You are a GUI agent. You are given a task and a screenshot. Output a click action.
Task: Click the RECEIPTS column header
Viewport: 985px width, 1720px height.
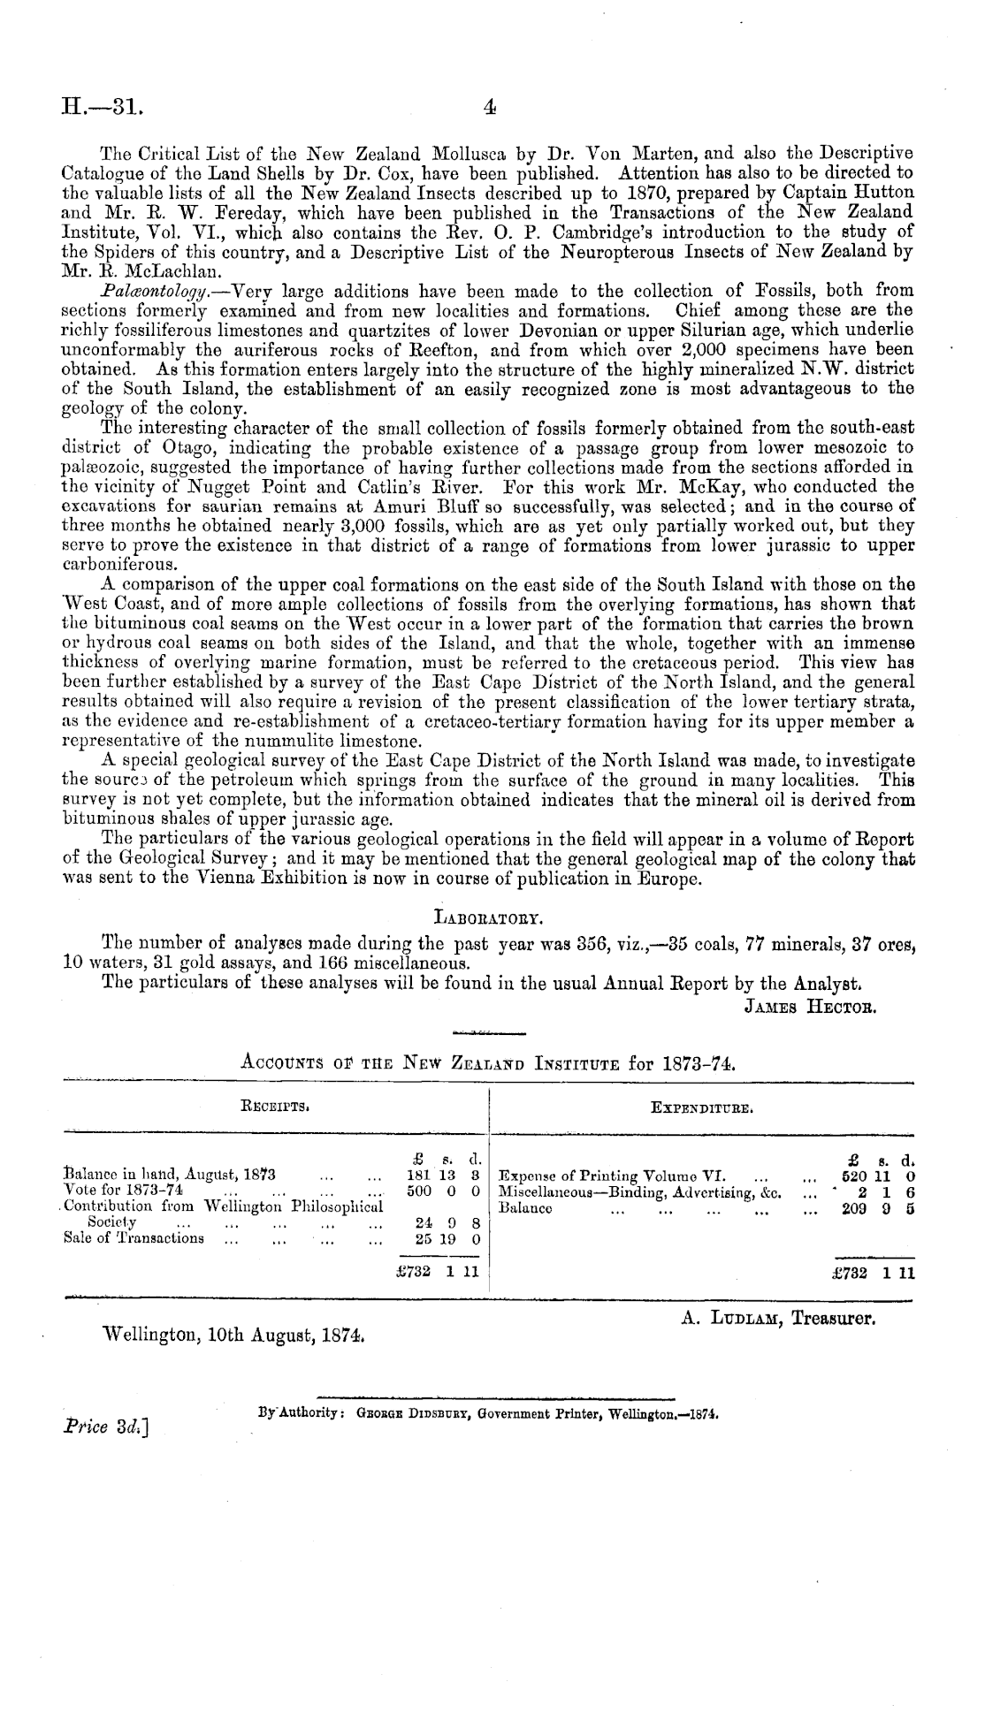275,1104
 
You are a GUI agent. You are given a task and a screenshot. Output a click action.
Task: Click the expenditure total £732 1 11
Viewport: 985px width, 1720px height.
871,1273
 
